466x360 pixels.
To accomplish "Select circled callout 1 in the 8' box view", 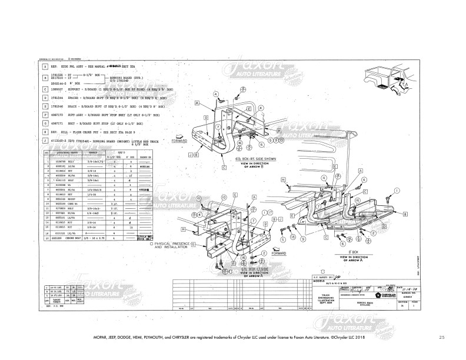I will pyautogui.click(x=397, y=190).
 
